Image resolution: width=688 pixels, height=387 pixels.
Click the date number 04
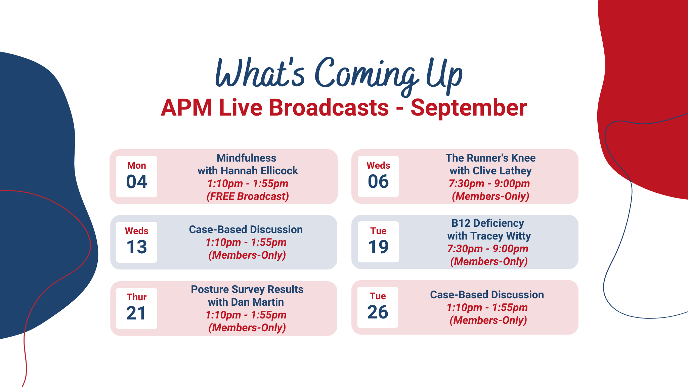(x=137, y=182)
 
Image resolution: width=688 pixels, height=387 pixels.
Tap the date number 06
(x=378, y=182)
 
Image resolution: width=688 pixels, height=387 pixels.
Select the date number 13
(x=137, y=247)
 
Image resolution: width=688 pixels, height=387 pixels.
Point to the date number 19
(x=378, y=247)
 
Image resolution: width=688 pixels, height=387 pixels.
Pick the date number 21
(x=136, y=313)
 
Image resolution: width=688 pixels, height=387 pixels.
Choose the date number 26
(x=378, y=312)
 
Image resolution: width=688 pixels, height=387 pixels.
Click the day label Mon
(x=136, y=166)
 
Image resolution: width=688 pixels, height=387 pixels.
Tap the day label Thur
(x=136, y=297)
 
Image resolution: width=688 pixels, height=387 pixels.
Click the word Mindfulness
(x=246, y=158)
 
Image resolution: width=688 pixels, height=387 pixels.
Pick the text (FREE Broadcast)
(x=248, y=197)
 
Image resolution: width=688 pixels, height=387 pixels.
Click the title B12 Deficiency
(x=487, y=223)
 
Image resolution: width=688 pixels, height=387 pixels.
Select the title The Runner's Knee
(x=490, y=158)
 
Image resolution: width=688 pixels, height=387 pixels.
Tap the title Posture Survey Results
(x=247, y=289)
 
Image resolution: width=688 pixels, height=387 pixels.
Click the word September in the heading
(x=469, y=108)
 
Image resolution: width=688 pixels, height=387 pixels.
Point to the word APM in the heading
(x=186, y=108)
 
